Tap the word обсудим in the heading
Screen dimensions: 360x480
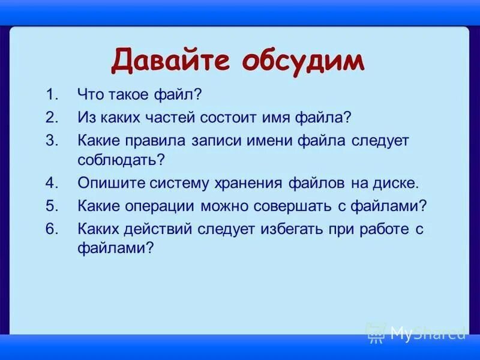304,61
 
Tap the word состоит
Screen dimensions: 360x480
247,116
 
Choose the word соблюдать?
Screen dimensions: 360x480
121,160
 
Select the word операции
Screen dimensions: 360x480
158,206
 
